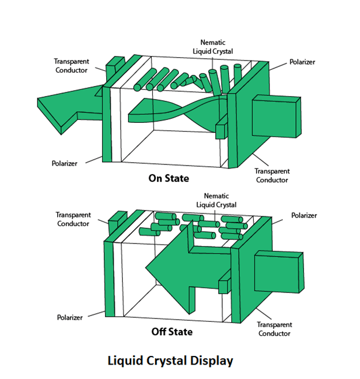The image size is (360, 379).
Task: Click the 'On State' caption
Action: point(168,178)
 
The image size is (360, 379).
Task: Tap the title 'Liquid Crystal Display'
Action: point(170,361)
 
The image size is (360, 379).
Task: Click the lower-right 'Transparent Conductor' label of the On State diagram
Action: point(272,175)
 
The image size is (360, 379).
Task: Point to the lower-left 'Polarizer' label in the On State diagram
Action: point(65,163)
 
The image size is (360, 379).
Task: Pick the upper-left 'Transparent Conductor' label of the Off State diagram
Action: point(73,219)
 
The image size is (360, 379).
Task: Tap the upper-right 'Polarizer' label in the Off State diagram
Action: point(303,215)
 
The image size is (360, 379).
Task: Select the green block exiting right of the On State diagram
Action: point(276,117)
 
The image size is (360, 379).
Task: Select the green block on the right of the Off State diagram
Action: point(278,272)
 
